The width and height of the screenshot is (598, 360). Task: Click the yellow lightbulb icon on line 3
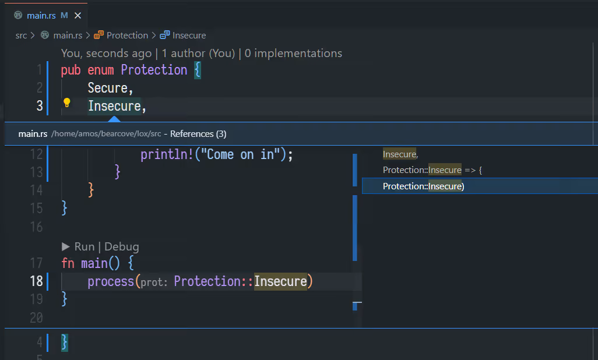[66, 103]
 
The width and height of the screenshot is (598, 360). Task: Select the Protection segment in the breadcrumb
[127, 36]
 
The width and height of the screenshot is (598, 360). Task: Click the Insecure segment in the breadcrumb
[189, 36]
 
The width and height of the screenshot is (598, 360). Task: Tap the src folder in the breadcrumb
[21, 36]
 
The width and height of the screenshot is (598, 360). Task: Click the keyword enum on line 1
[101, 70]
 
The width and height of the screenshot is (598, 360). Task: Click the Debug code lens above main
[122, 246]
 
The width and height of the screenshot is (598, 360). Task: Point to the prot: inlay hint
[154, 283]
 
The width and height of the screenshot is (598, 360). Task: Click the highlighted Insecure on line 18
[280, 282]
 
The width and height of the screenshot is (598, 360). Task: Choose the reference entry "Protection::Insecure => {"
[432, 170]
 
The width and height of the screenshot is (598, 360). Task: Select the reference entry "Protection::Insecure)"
[423, 186]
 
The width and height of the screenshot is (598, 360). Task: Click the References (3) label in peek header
[198, 134]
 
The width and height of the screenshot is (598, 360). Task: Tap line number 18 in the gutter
[36, 281]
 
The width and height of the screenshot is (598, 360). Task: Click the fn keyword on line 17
[68, 263]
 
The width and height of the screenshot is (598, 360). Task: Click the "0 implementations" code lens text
[293, 54]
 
